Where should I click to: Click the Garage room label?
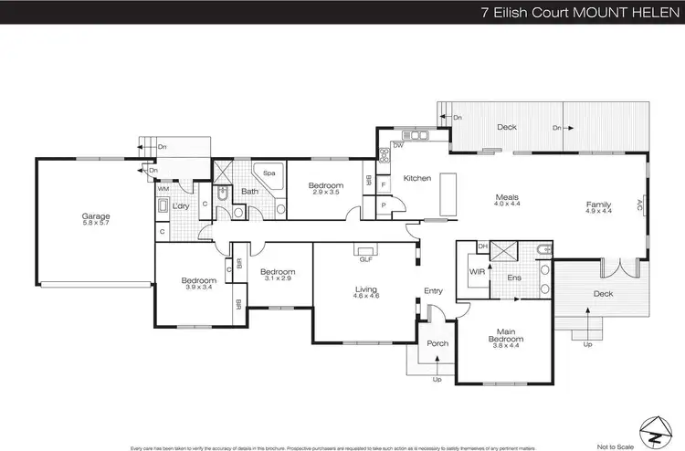pyautogui.click(x=96, y=216)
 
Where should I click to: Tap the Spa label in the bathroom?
pyautogui.click(x=269, y=172)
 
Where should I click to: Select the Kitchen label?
pyautogui.click(x=417, y=178)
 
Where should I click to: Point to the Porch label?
pyautogui.click(x=437, y=343)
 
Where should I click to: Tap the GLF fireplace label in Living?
pyautogui.click(x=366, y=258)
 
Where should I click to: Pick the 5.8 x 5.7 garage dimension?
pyautogui.click(x=96, y=224)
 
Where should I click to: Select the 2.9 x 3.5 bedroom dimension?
pyautogui.click(x=325, y=193)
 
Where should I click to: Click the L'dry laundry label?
pyautogui.click(x=181, y=206)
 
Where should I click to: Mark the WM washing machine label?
pyautogui.click(x=164, y=189)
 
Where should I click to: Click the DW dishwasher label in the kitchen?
pyautogui.click(x=399, y=145)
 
